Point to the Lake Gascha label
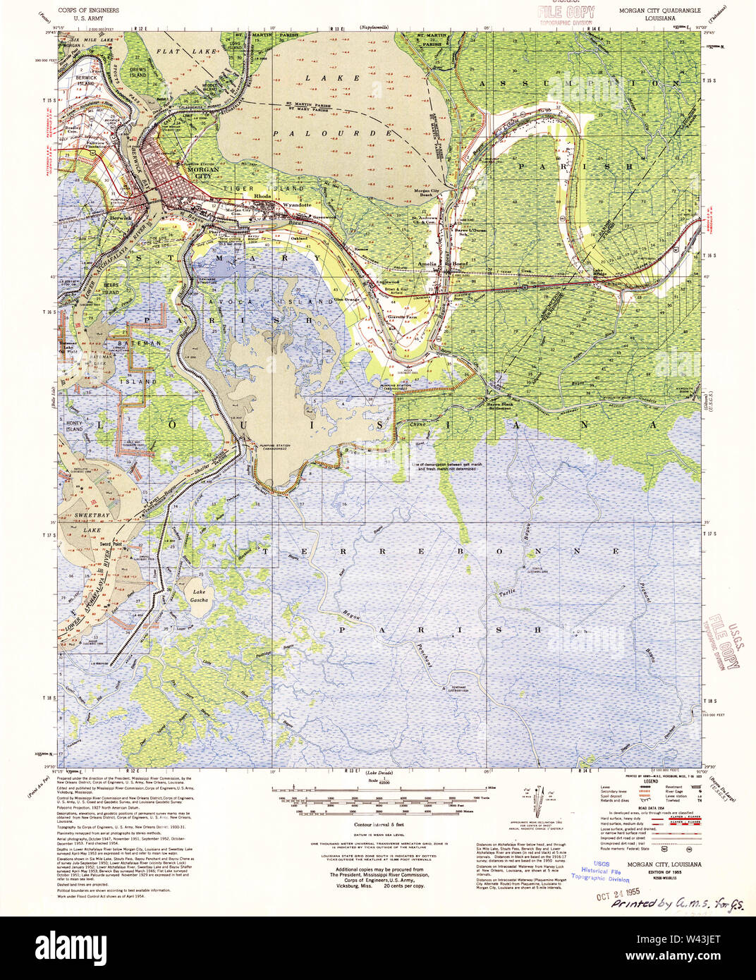coord(199,596)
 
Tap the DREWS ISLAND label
coord(138,72)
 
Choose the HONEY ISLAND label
coord(75,426)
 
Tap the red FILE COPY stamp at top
coord(566,13)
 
